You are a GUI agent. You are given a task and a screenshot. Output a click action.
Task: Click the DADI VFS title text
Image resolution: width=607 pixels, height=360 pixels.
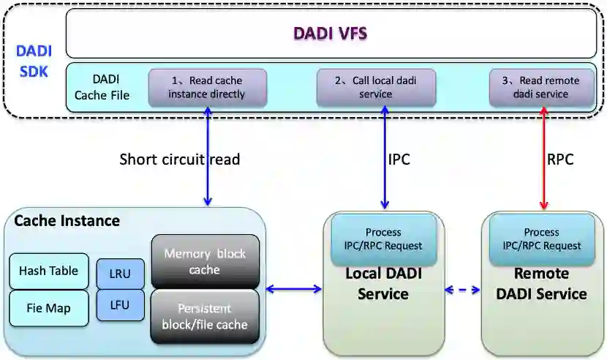(x=330, y=33)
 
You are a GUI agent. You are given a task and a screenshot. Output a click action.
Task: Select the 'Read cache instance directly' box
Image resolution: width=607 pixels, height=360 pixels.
(x=207, y=87)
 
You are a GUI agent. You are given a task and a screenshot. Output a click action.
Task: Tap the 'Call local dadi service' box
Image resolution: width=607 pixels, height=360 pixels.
(x=375, y=87)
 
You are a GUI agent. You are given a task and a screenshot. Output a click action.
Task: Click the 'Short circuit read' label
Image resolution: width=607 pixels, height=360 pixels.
(x=179, y=160)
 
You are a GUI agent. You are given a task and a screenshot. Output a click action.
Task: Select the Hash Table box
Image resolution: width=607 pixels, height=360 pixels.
(x=48, y=271)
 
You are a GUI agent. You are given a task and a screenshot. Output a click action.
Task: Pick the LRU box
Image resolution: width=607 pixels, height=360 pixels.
(x=121, y=274)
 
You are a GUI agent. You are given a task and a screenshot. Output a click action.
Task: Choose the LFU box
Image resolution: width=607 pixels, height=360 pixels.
(x=121, y=305)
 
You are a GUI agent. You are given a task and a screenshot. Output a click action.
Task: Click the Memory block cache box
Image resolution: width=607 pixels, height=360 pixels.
(x=205, y=262)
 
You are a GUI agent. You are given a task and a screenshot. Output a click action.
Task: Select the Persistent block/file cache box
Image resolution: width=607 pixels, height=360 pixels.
(x=205, y=317)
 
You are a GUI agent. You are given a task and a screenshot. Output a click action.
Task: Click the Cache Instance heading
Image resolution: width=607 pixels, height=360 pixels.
(x=67, y=220)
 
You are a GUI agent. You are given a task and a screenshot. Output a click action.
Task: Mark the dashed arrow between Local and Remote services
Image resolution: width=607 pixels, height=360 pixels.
(x=462, y=290)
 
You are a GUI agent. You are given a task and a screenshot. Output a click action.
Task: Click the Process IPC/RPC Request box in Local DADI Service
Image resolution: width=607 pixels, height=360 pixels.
(x=383, y=239)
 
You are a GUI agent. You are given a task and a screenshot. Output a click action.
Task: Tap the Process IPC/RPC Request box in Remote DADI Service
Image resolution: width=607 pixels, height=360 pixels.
(x=542, y=239)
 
